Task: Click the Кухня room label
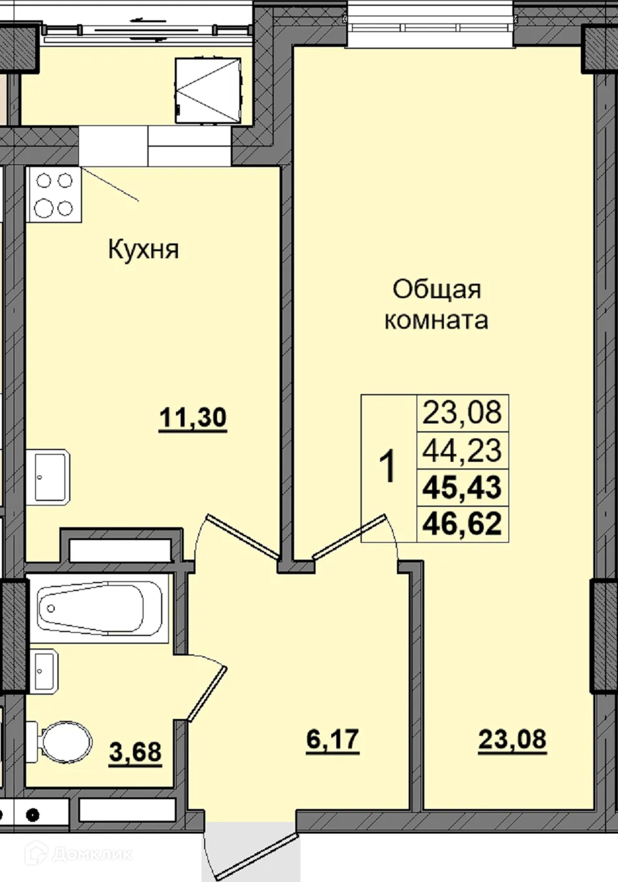coord(143,249)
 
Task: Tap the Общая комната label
coord(436,305)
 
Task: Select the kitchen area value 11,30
coord(193,418)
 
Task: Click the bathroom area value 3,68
coord(136,752)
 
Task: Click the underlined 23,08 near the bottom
coord(512,740)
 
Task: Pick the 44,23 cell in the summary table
coord(462,449)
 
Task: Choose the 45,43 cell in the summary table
coord(462,487)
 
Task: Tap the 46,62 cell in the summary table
coord(462,523)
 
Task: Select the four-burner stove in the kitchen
coord(54,194)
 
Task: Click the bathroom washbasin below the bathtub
coord(44,671)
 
